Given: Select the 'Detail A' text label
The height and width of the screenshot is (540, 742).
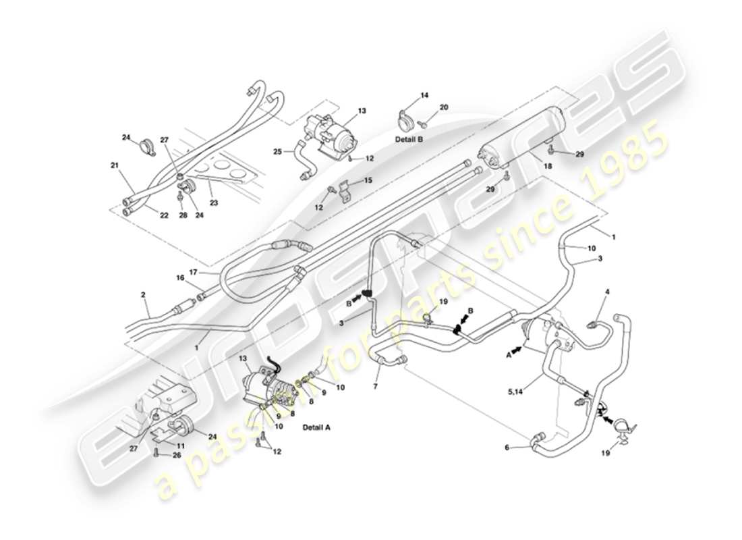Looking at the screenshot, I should tap(316, 428).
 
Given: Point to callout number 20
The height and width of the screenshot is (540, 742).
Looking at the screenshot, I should tap(443, 107).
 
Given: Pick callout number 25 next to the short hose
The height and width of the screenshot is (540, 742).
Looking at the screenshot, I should tap(278, 152).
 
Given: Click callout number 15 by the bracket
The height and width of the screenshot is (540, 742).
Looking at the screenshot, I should tap(368, 180).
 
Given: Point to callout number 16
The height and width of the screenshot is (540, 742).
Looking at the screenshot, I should tap(180, 277).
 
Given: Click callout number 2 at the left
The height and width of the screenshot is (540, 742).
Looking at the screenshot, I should tap(144, 294).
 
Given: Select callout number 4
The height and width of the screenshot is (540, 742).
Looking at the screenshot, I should tap(607, 292).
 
